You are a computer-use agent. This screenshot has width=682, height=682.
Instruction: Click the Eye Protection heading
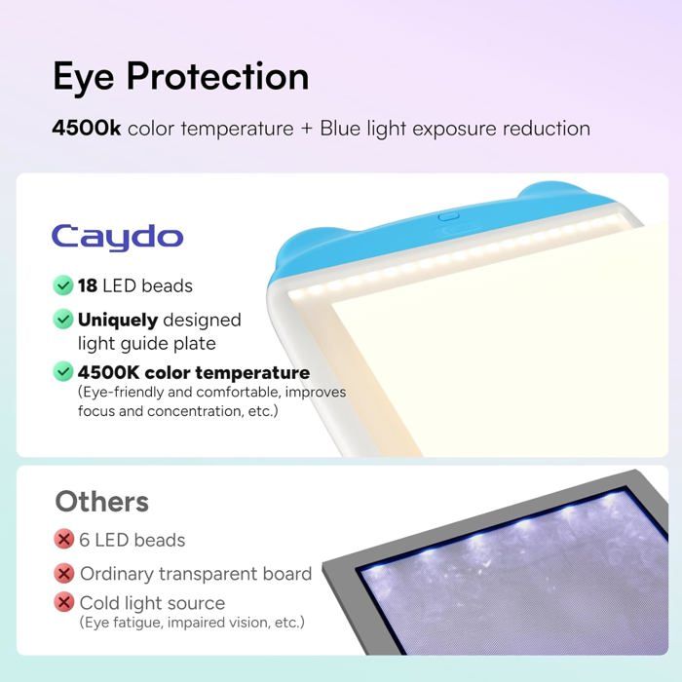[180, 77]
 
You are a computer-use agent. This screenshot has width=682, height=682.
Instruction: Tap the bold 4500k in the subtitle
[87, 128]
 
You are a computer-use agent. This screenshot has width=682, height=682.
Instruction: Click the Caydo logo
[117, 236]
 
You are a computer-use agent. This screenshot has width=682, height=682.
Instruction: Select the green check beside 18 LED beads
[63, 285]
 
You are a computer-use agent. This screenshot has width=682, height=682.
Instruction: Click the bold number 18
[88, 285]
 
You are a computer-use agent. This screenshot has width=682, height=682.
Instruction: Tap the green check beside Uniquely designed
[63, 320]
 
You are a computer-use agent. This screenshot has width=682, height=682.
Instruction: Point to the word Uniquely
[118, 320]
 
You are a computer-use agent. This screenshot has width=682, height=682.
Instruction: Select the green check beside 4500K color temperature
[63, 372]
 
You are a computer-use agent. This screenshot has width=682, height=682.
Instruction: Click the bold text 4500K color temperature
[194, 372]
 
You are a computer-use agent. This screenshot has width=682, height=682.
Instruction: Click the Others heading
[101, 502]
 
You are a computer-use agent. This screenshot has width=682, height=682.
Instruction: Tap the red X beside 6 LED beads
[64, 540]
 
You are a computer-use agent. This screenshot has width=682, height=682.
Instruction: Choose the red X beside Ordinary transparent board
[64, 574]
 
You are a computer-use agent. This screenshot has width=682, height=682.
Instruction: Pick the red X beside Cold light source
[64, 602]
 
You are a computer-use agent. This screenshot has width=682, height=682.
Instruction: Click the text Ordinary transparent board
[196, 574]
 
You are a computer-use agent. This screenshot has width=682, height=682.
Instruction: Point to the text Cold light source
[152, 602]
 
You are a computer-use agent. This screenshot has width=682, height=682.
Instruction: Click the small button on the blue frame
[448, 218]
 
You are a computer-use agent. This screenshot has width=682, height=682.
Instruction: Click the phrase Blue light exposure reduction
[455, 128]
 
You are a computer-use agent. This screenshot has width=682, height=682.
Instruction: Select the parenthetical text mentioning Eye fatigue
[191, 622]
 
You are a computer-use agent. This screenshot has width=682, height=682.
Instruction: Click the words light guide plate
[146, 343]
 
